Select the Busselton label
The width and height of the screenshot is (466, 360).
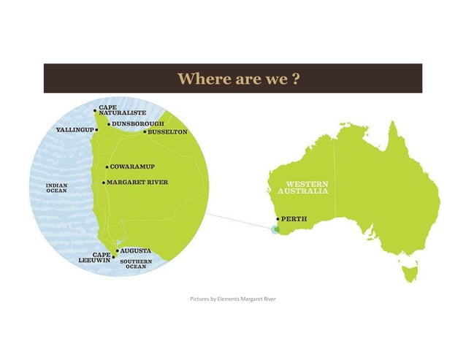click(x=168, y=132)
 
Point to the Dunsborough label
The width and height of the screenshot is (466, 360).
click(x=138, y=124)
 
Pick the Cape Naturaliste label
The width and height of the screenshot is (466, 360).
click(x=122, y=110)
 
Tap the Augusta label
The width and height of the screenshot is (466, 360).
click(x=137, y=250)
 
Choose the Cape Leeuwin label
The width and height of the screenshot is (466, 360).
click(x=94, y=257)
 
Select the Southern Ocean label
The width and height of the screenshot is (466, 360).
click(x=137, y=264)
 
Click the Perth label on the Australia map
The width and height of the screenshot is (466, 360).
click(x=294, y=218)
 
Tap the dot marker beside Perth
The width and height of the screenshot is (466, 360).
click(x=278, y=218)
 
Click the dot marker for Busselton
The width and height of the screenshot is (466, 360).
click(x=145, y=132)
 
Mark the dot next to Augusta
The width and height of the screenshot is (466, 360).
click(x=117, y=250)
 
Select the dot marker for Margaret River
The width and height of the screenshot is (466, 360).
click(x=104, y=182)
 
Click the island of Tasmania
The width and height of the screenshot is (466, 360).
click(x=409, y=275)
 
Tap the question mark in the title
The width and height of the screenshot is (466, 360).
click(x=296, y=78)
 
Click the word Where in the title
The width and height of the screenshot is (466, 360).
click(x=200, y=78)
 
